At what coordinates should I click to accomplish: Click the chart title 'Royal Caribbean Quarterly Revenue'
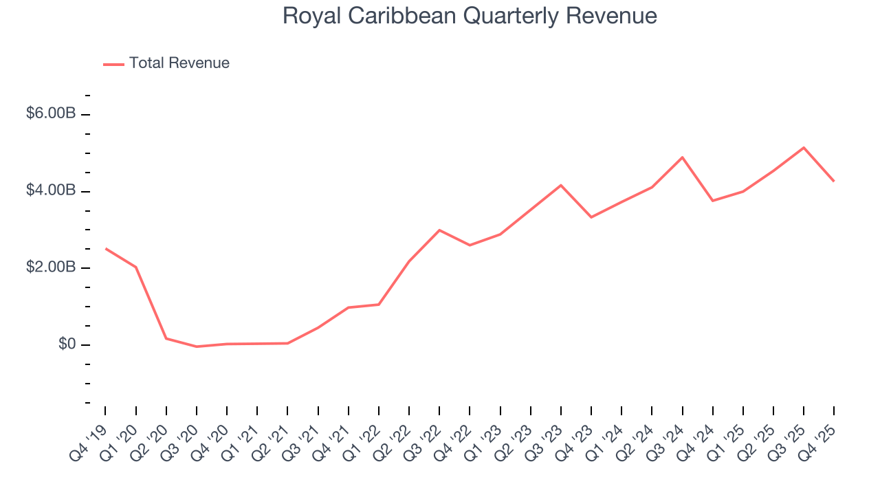(470, 16)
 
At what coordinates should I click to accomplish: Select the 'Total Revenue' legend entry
(179, 63)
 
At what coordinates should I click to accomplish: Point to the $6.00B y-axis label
(51, 113)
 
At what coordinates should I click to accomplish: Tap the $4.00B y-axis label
(51, 190)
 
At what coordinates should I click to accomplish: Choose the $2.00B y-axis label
(51, 267)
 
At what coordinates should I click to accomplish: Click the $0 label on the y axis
(66, 344)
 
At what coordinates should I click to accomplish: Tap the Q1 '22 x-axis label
(362, 440)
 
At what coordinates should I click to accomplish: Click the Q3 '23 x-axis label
(544, 440)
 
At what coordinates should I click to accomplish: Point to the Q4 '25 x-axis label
(817, 440)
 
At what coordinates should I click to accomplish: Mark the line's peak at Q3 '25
(804, 148)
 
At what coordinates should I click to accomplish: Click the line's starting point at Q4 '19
(106, 249)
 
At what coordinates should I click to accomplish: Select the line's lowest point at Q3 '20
(197, 346)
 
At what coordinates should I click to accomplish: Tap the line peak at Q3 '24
(682, 157)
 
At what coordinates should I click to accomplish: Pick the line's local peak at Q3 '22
(439, 230)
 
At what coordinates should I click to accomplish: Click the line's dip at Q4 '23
(591, 217)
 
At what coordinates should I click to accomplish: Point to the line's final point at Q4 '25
(834, 181)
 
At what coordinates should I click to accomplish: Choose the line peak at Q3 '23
(561, 185)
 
